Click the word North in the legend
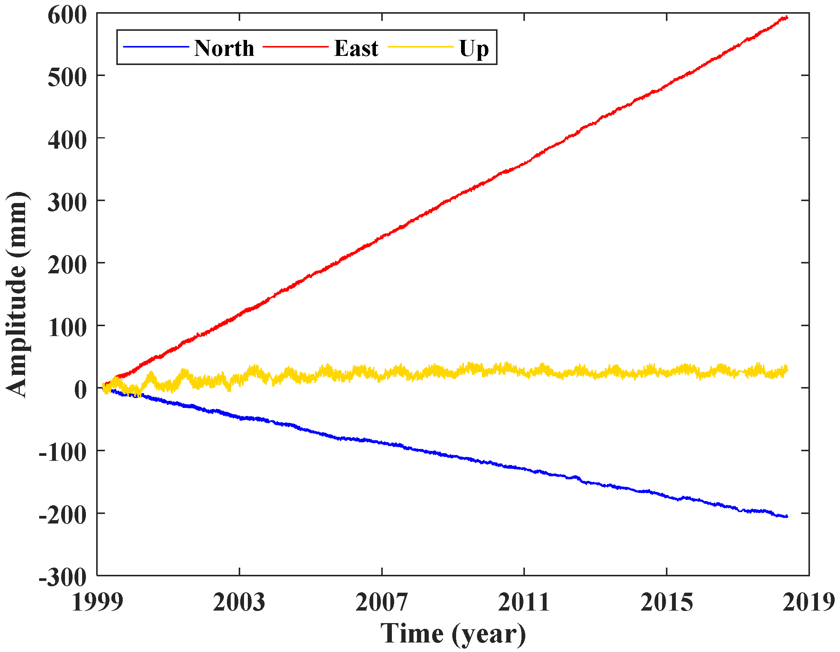coord(224,48)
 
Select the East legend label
coord(356,48)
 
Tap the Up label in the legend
coord(474,49)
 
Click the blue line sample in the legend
coord(156,47)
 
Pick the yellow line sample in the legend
coord(420,47)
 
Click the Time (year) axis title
coord(453,633)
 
